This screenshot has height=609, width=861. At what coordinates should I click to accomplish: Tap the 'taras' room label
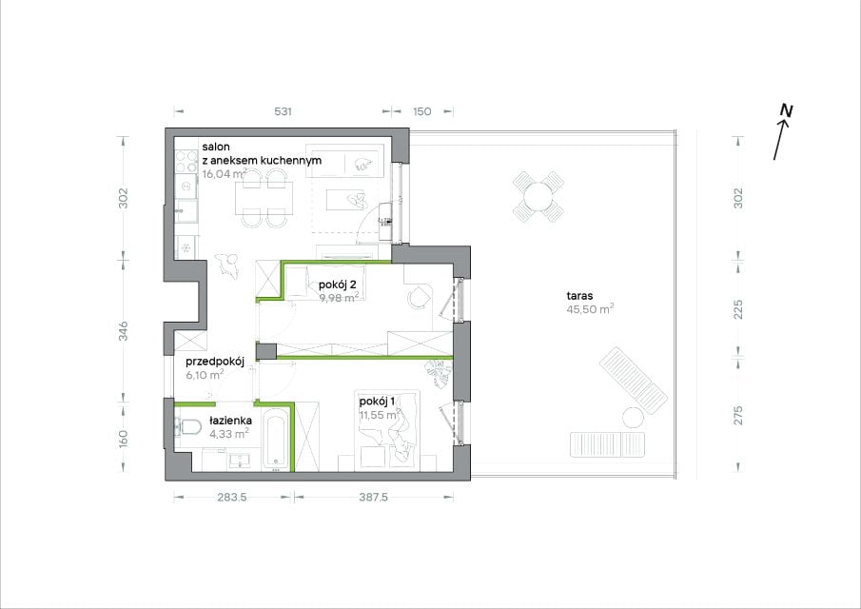579,295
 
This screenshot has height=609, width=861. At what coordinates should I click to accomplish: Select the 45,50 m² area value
590,308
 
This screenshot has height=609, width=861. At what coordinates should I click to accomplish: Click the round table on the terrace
538,196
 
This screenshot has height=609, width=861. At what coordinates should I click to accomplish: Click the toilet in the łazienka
187,426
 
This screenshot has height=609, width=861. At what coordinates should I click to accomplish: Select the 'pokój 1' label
377,402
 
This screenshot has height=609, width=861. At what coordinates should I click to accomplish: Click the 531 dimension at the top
283,111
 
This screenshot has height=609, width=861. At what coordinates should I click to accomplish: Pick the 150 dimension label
421,111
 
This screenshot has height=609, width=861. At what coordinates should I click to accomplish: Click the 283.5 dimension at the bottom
232,497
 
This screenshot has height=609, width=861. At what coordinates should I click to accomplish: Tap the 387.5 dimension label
373,497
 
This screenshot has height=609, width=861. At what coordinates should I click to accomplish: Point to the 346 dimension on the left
124,331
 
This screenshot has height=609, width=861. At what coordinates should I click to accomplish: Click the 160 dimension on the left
124,438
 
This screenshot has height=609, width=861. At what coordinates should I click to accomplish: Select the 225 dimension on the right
738,309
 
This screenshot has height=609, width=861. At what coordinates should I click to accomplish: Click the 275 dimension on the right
738,415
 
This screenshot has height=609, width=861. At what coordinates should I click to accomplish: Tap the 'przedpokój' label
215,362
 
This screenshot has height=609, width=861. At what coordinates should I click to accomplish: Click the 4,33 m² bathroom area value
229,434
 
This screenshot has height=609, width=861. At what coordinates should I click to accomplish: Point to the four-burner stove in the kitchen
186,161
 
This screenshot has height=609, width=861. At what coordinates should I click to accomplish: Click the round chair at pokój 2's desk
419,297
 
